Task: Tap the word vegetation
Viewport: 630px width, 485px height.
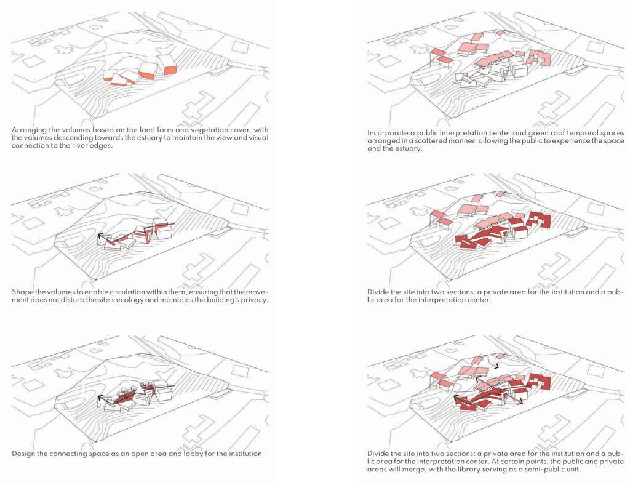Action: pyautogui.click(x=204, y=130)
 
